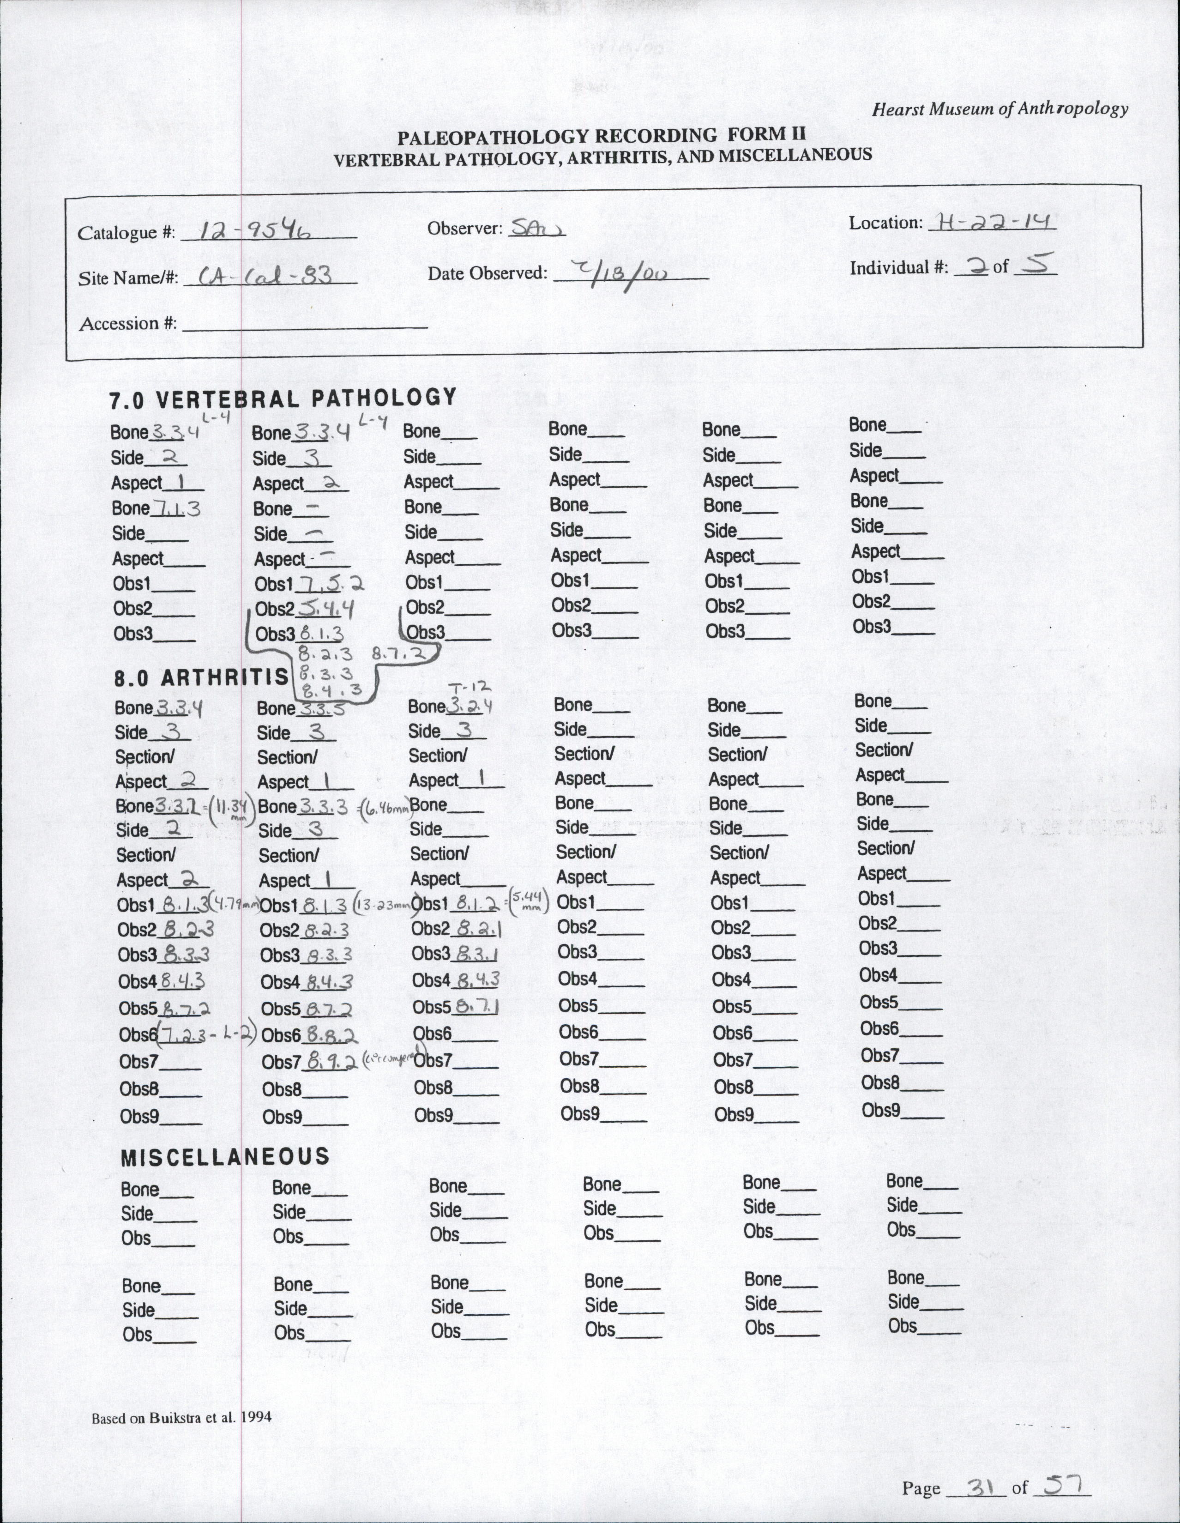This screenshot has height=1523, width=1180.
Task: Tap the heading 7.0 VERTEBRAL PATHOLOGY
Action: tap(282, 399)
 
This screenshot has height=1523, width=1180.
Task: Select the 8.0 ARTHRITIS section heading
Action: tap(201, 677)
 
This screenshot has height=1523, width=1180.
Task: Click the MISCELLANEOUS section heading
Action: tap(224, 1156)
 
